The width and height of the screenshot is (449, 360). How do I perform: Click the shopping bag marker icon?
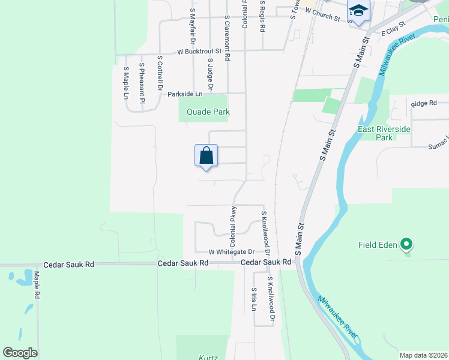206,155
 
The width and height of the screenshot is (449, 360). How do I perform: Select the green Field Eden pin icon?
406,244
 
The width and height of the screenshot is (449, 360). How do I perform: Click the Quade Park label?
208,112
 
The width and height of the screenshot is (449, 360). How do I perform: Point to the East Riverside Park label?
384,133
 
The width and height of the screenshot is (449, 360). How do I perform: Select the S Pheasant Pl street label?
142,79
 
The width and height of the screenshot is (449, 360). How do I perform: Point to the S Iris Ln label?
254,298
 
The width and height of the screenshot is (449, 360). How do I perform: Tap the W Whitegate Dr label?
232,252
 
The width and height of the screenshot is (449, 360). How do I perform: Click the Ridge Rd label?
424,104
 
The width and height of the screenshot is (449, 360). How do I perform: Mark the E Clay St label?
394,29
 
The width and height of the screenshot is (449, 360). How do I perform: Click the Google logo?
20,353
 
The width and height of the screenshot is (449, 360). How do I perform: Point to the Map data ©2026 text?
424,355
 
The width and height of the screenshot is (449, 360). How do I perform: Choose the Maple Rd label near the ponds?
37,285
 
